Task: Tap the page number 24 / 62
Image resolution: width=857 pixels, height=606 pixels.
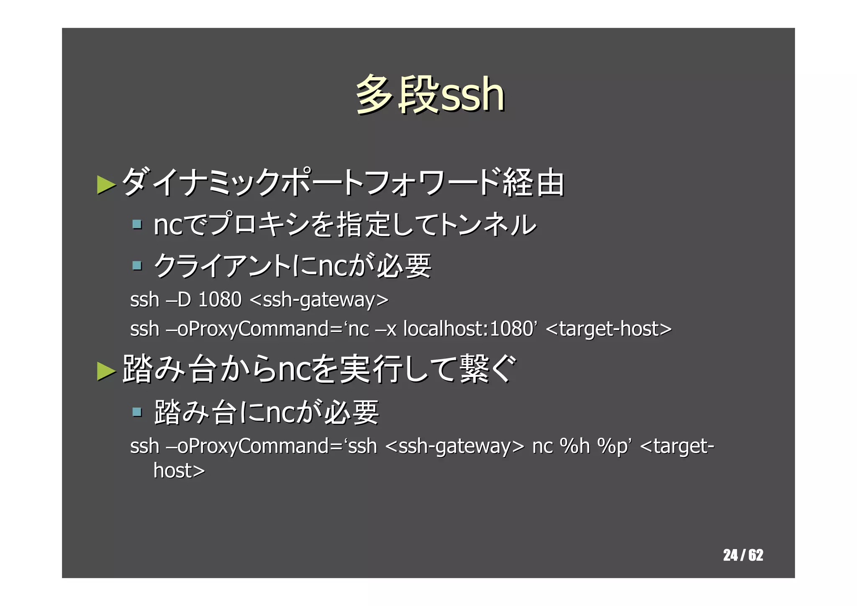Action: click(743, 555)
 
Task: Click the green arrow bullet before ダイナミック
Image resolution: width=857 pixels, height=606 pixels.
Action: click(106, 185)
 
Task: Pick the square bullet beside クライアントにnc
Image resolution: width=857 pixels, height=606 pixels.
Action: click(136, 266)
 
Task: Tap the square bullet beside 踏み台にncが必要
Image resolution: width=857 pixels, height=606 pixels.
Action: click(136, 412)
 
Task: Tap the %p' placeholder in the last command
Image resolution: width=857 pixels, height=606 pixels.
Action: click(613, 446)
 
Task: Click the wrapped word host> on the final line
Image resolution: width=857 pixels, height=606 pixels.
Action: click(179, 471)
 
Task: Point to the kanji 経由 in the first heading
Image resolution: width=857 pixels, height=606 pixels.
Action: click(534, 183)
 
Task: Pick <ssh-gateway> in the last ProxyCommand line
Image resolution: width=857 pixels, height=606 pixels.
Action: click(454, 446)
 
